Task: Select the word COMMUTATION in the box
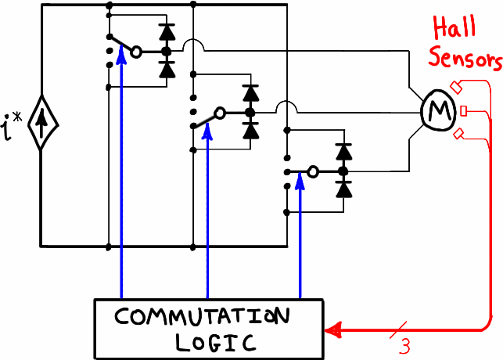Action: tap(202, 318)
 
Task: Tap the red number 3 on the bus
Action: tap(404, 345)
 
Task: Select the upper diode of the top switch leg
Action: tap(166, 33)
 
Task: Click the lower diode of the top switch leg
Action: tap(166, 69)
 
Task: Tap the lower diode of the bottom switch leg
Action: tap(342, 189)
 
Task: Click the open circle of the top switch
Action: tap(136, 52)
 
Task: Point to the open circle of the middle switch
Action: tap(221, 113)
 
